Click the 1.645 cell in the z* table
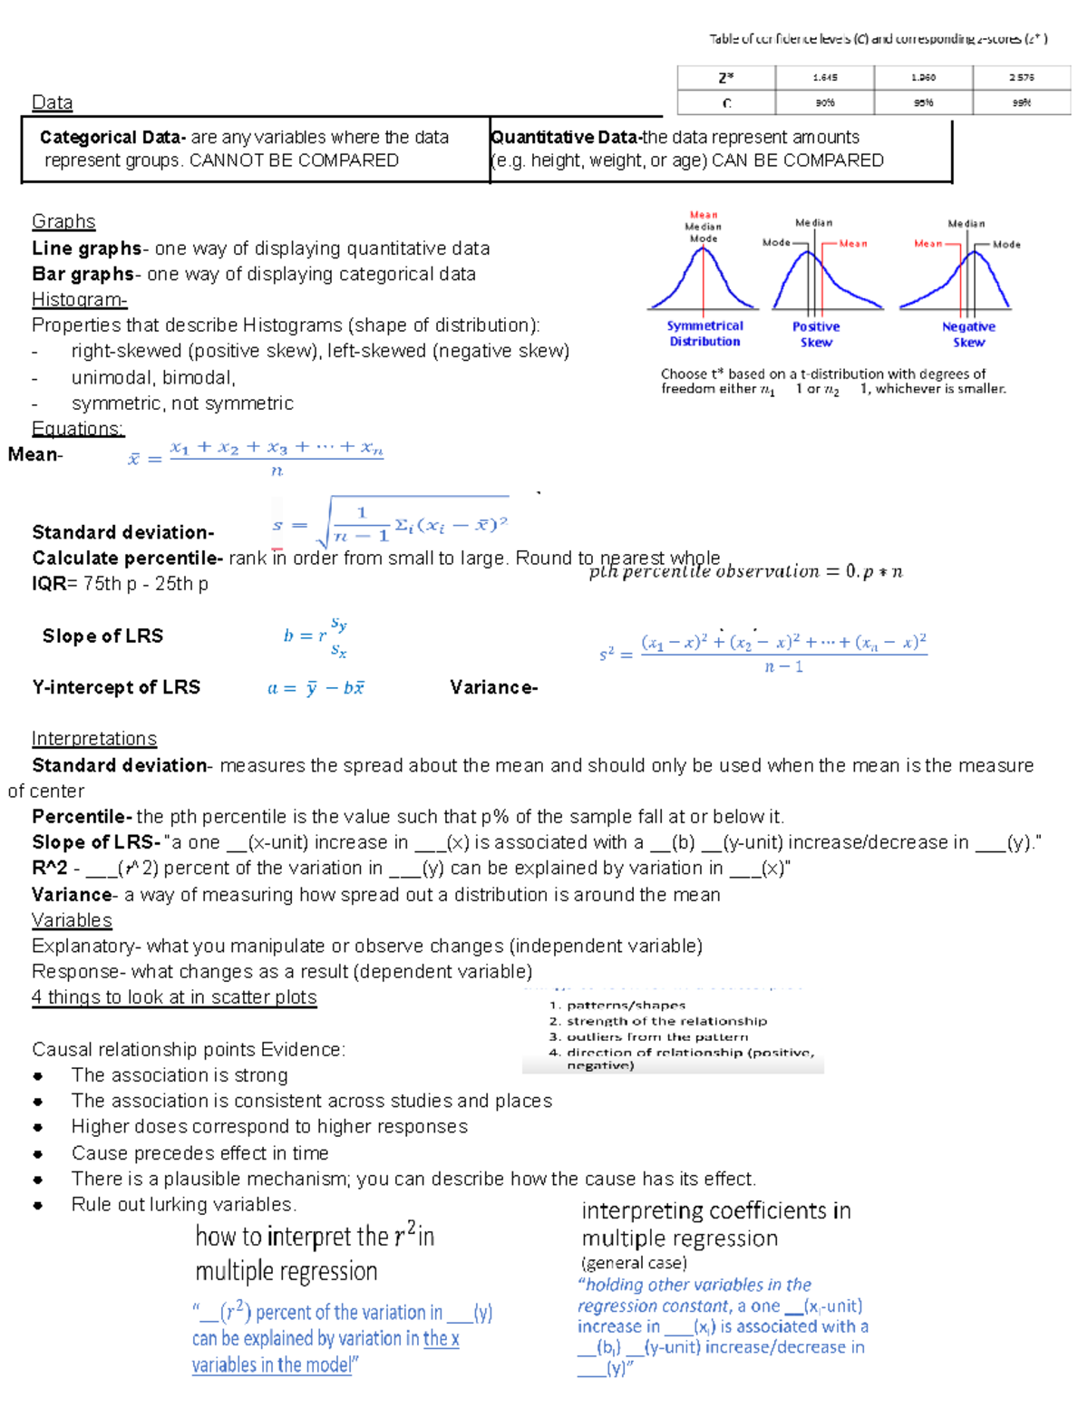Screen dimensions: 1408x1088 point(824,78)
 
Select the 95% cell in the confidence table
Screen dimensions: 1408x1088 point(923,103)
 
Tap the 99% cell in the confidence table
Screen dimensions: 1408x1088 point(1021,103)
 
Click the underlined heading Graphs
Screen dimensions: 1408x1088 point(63,222)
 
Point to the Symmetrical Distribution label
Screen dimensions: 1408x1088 point(704,334)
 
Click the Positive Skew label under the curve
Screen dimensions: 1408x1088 point(816,335)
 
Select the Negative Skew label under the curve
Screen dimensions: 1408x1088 point(968,335)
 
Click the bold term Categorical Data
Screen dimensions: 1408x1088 point(112,138)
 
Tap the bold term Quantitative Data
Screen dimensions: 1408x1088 point(565,138)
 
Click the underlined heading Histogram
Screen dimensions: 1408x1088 point(79,300)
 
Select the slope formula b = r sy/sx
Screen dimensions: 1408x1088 point(315,636)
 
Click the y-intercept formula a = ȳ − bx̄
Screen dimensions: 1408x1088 point(316,688)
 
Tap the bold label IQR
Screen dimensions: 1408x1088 point(49,584)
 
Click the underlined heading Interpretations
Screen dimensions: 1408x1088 point(94,739)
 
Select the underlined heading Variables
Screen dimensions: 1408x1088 point(72,921)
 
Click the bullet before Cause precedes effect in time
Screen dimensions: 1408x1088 point(38,1154)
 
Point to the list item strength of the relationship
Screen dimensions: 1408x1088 point(665,1021)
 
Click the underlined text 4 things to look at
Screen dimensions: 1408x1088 point(174,998)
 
